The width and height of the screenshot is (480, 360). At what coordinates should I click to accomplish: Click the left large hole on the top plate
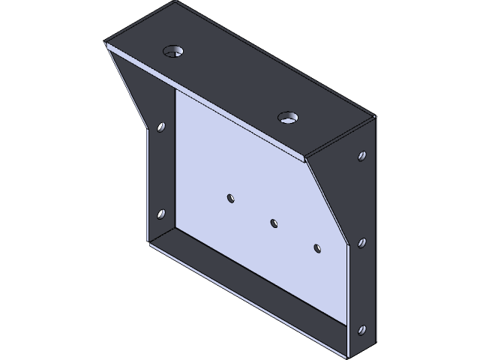coord(174,52)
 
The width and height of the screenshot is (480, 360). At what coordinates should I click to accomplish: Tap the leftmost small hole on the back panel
coord(231,198)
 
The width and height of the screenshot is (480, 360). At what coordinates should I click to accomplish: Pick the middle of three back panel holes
coord(274,223)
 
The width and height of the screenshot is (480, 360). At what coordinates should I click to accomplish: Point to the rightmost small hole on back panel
coord(317,247)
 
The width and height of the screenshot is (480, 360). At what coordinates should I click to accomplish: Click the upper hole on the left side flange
coord(160,127)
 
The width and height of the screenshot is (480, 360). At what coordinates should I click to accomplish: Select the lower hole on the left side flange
coord(160,214)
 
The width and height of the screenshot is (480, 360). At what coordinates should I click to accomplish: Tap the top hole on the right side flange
coord(362,157)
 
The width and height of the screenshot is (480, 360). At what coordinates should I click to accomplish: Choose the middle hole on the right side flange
coord(362,243)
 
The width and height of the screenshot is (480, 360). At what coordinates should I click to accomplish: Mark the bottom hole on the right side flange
coord(362,329)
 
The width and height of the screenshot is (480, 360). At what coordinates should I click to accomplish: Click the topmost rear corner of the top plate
coord(177,2)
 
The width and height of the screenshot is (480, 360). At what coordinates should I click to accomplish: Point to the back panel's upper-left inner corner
coord(176,92)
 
